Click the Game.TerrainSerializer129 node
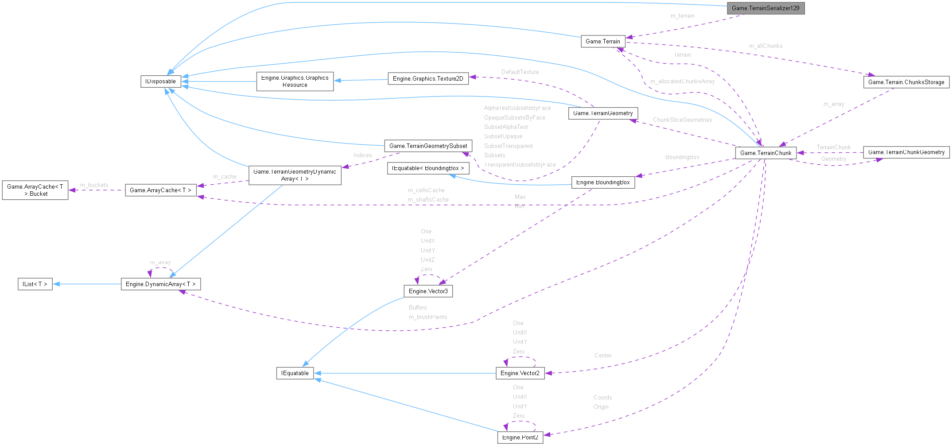pyautogui.click(x=765, y=8)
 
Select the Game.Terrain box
pyautogui.click(x=602, y=41)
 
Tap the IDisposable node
pyautogui.click(x=160, y=81)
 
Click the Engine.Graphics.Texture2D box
pyautogui.click(x=427, y=78)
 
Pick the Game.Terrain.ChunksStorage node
pyautogui.click(x=906, y=82)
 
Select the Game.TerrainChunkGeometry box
pyautogui.click(x=906, y=152)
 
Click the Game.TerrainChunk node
pyautogui.click(x=765, y=153)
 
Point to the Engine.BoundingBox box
pyautogui.click(x=602, y=182)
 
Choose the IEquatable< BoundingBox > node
pyautogui.click(x=427, y=168)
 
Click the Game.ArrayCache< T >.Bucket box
pyautogui.click(x=35, y=190)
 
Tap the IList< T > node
pyautogui.click(x=35, y=284)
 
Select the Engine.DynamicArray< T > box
pyautogui.click(x=160, y=284)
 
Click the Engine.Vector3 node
pyautogui.click(x=427, y=291)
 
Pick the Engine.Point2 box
pyautogui.click(x=520, y=437)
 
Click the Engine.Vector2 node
pyautogui.click(x=520, y=373)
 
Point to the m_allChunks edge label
pyautogui.click(x=765, y=46)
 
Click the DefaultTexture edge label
pyautogui.click(x=520, y=72)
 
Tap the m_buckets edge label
pyautogui.click(x=94, y=185)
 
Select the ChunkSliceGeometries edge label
pyautogui.click(x=682, y=120)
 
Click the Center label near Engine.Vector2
pyautogui.click(x=602, y=356)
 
